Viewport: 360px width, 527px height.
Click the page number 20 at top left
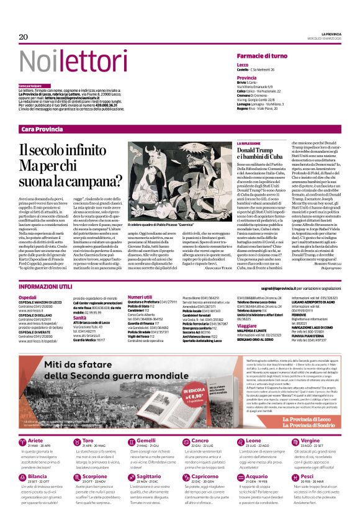click(x=24, y=37)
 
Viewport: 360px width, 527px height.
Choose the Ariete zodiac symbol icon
click(x=24, y=424)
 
